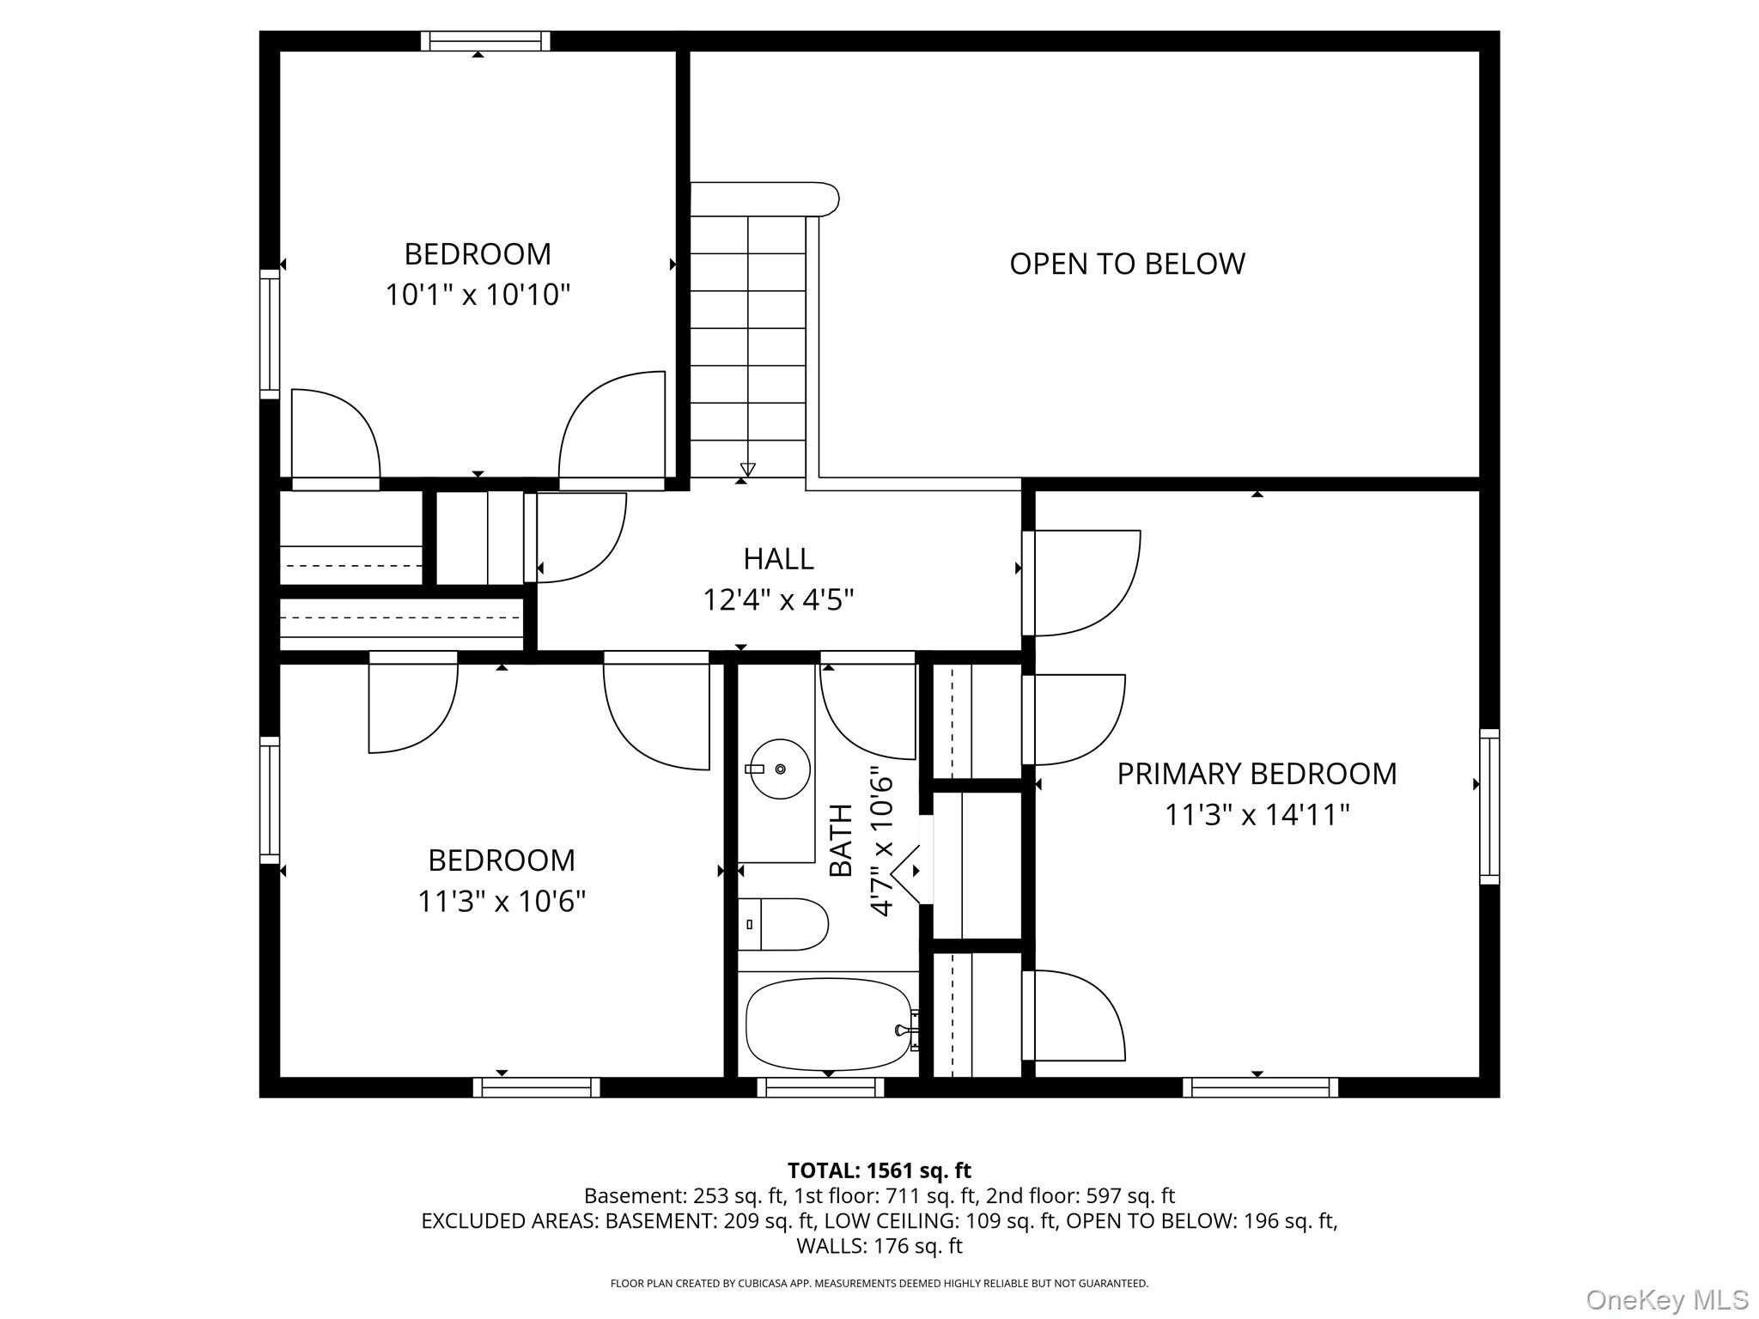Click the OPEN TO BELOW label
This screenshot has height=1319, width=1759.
click(1127, 263)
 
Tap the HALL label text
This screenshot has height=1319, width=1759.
click(778, 559)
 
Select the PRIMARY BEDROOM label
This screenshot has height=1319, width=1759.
click(1257, 774)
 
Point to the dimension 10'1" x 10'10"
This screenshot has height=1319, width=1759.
click(478, 295)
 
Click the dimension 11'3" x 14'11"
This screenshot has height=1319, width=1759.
click(1257, 815)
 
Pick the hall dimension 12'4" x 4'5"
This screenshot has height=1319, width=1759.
click(778, 599)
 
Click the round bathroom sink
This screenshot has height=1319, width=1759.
click(779, 769)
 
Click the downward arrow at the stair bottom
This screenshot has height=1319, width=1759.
click(747, 470)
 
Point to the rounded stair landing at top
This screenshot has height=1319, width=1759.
click(764, 198)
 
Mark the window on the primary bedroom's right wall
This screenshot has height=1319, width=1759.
click(1489, 806)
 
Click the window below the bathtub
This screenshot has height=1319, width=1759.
click(820, 1087)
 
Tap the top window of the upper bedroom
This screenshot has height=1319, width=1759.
click(485, 41)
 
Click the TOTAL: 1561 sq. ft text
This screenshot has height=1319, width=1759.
click(879, 1170)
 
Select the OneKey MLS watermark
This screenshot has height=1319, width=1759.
click(1667, 1299)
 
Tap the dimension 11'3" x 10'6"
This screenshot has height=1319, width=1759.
click(502, 902)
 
